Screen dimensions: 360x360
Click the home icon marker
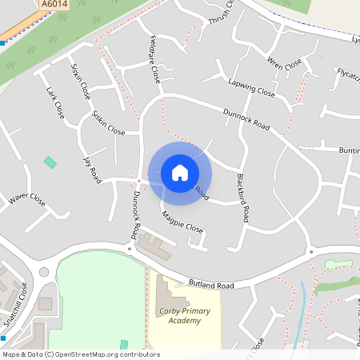pyautogui.click(x=180, y=172)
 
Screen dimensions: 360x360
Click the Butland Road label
pyautogui.click(x=211, y=284)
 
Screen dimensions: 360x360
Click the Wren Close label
pyautogui.click(x=284, y=64)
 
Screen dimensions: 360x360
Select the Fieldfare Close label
pyautogui.click(x=154, y=58)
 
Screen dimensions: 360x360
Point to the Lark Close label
pyautogui.click(x=55, y=102)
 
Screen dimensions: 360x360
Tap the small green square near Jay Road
pyautogui.click(x=50, y=162)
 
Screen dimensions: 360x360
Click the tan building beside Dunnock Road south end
pyautogui.click(x=156, y=250)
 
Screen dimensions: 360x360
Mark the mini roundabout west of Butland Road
pyautogui.click(x=44, y=271)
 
